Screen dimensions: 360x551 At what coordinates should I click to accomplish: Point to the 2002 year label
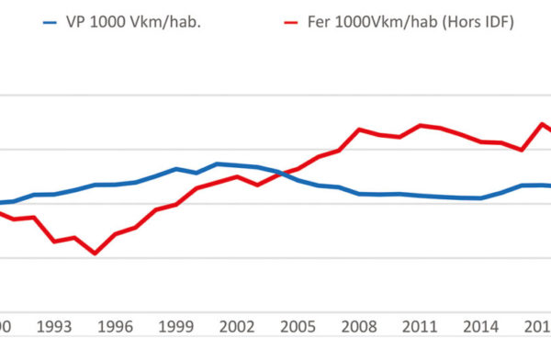[x=237, y=326]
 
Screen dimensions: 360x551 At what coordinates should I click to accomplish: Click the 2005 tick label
[x=298, y=326]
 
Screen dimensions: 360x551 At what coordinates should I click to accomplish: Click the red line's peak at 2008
[x=359, y=129]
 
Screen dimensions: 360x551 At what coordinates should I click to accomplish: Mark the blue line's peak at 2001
[x=217, y=163]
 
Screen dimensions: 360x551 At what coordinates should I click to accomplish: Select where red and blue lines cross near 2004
[x=279, y=174]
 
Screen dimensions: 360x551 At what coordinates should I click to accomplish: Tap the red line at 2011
[x=420, y=125]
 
